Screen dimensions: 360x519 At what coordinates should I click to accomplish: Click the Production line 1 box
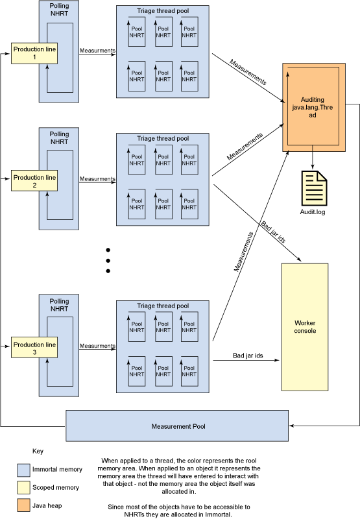pyautogui.click(x=34, y=53)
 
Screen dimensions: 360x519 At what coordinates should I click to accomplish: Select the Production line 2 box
pyautogui.click(x=34, y=181)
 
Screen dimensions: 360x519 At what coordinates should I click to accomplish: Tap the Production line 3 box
pyautogui.click(x=34, y=348)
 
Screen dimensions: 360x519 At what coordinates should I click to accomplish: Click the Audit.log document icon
pyautogui.click(x=314, y=188)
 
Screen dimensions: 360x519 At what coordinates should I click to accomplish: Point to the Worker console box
pyautogui.click(x=305, y=327)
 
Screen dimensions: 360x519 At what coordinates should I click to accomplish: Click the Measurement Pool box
pyautogui.click(x=177, y=426)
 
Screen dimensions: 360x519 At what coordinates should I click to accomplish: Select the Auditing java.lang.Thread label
pyautogui.click(x=313, y=107)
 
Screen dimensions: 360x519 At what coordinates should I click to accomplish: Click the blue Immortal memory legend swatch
pyautogui.click(x=23, y=470)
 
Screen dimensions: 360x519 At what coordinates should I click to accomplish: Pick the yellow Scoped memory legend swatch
pyautogui.click(x=23, y=488)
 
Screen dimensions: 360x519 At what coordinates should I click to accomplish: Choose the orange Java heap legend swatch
pyautogui.click(x=23, y=505)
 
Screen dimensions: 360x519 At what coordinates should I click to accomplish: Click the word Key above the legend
pyautogui.click(x=38, y=451)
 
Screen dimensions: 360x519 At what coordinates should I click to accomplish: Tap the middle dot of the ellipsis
pyautogui.click(x=108, y=261)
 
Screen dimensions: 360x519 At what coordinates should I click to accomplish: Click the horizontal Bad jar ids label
pyautogui.click(x=248, y=356)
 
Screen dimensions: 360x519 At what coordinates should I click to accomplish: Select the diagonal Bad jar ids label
pyautogui.click(x=273, y=232)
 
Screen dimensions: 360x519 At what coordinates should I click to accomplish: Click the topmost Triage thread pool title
pyautogui.click(x=163, y=11)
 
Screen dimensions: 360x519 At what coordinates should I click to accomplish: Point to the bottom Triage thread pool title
pyautogui.click(x=163, y=306)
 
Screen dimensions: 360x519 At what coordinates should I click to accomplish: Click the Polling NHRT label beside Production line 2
pyautogui.click(x=59, y=138)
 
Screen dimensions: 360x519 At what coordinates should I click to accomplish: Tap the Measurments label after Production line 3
pyautogui.click(x=97, y=346)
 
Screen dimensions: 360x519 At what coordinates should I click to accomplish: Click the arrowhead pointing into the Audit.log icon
pyautogui.click(x=313, y=167)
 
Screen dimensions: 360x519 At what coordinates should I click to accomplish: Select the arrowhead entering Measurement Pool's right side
pyautogui.click(x=291, y=426)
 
